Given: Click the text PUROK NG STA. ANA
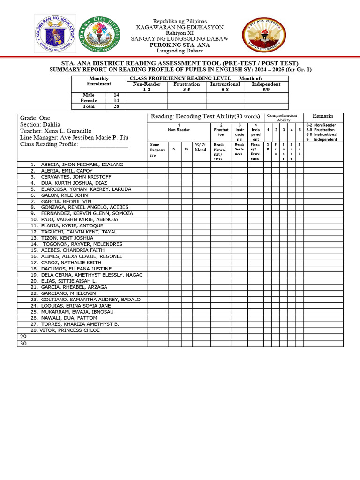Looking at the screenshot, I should pos(180,45).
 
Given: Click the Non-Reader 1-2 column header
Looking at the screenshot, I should pos(147,87).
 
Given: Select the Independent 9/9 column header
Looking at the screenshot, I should pos(266,87).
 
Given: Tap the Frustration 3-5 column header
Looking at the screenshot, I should pos(187,87).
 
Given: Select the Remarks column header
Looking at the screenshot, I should pos(323,116).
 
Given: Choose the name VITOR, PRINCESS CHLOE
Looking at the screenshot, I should pos(70,330).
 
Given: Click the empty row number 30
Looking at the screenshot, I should pos(23,344).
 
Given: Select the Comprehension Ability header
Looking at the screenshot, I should pos(281,117).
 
